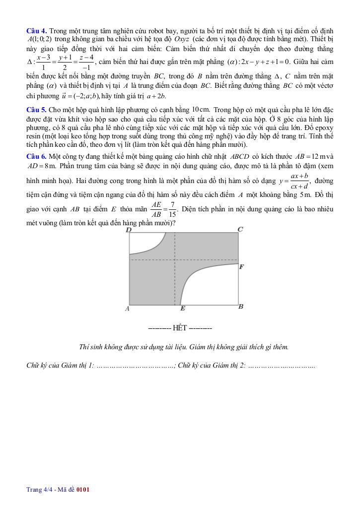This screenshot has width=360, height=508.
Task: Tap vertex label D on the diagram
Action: point(129,230)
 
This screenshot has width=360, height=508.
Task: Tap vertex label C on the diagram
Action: point(240,229)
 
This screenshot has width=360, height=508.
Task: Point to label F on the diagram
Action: point(241,267)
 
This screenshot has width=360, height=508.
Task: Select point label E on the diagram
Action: point(182,309)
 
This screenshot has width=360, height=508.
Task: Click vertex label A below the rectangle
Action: point(127,309)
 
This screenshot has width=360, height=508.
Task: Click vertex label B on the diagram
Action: point(240,307)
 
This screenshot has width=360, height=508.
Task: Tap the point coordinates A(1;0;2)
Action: point(40,40)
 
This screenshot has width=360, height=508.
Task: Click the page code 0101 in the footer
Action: point(83,490)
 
